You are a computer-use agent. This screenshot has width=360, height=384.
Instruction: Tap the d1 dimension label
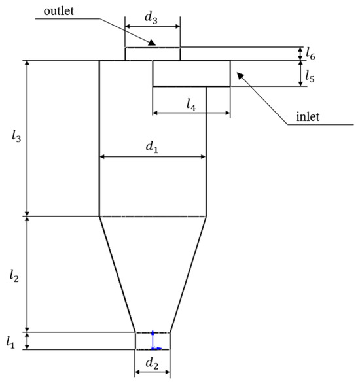(151, 148)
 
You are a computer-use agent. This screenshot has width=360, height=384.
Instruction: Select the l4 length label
(190, 103)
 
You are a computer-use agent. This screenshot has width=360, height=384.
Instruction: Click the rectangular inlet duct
(191, 73)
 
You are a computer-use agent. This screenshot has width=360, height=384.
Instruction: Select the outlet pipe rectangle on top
(152, 54)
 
